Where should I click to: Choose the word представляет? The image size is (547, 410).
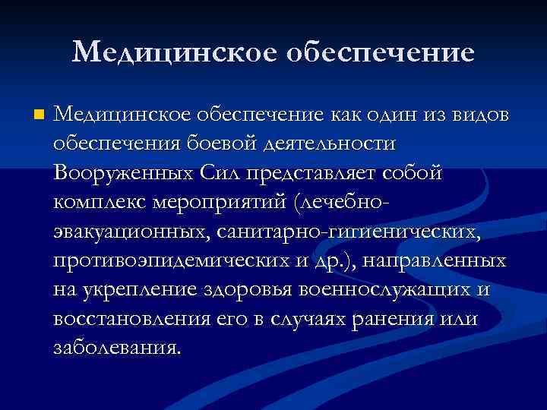302,173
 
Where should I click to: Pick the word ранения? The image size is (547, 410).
390,319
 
